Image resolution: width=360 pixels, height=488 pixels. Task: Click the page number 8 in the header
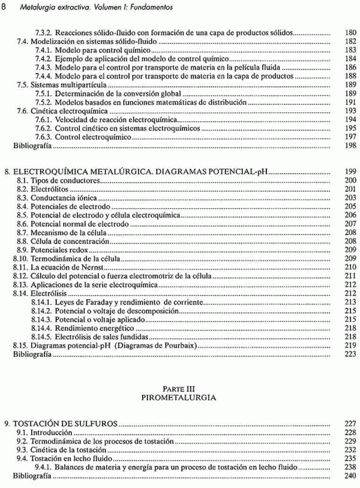5,7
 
